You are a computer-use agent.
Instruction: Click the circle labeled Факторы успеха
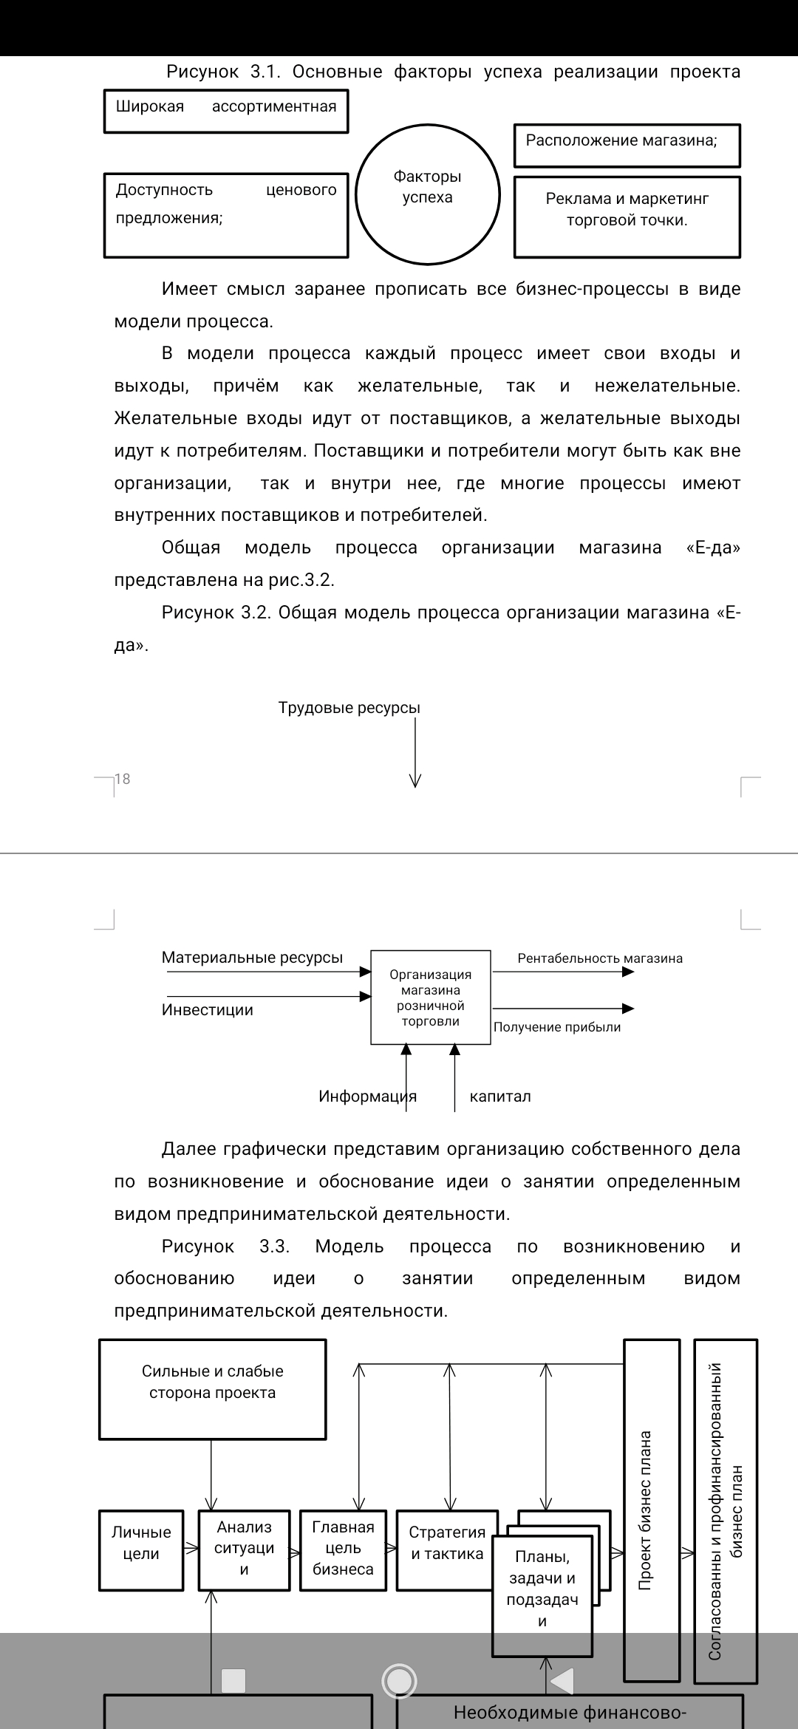point(427,195)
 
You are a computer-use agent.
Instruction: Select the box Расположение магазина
point(627,146)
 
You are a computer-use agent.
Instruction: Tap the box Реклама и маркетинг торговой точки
point(627,216)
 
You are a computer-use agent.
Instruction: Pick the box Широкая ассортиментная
point(225,112)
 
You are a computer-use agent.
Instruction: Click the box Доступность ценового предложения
point(225,214)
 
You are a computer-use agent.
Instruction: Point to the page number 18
point(123,779)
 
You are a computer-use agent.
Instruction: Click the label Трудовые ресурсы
point(349,708)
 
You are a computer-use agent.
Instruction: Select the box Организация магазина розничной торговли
point(430,997)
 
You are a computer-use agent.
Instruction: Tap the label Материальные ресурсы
point(252,958)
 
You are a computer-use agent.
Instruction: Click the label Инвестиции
point(207,1010)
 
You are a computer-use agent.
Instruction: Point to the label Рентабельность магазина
point(599,958)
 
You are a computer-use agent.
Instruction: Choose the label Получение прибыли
point(556,1027)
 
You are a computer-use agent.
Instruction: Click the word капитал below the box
point(500,1097)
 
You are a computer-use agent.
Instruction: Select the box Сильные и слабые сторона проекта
point(212,1389)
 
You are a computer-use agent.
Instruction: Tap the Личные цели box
point(141,1550)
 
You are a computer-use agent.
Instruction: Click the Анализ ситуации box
point(244,1550)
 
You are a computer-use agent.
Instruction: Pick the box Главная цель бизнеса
point(343,1550)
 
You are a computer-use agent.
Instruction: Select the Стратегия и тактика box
point(446,1550)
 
